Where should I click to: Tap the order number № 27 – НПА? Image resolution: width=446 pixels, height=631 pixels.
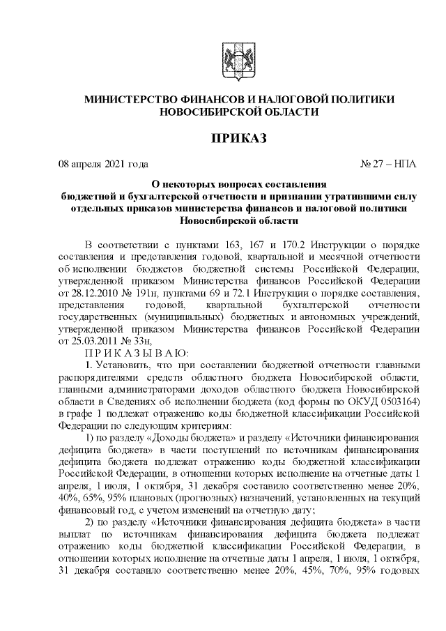coord(388,165)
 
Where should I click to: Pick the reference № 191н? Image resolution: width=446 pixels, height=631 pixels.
coord(144,301)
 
